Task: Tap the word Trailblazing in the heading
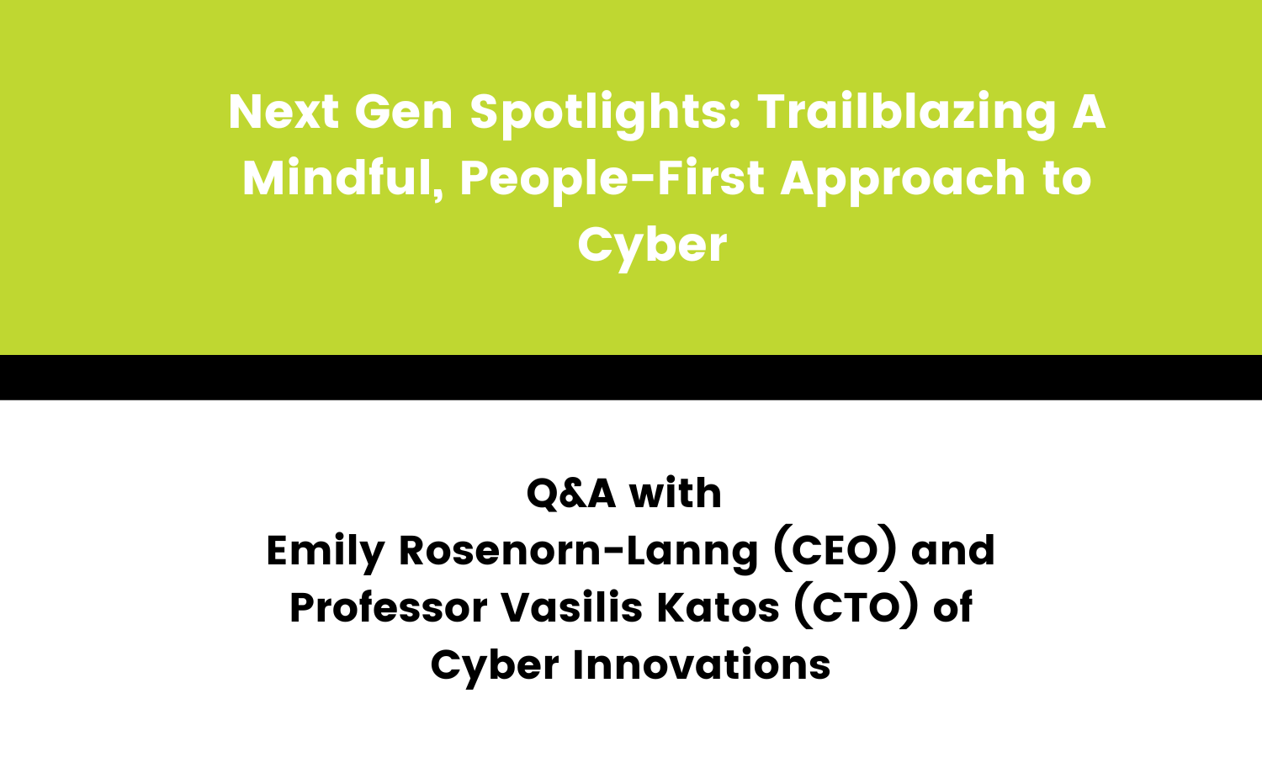(x=906, y=113)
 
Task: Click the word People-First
(x=612, y=178)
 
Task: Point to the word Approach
(x=904, y=178)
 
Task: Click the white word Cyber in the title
(x=652, y=246)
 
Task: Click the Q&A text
(x=570, y=493)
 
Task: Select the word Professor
(x=388, y=608)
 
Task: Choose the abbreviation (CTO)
(x=856, y=608)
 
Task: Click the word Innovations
(x=702, y=665)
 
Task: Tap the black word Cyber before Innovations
(x=495, y=665)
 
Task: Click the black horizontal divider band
(x=631, y=377)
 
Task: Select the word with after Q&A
(x=676, y=493)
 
